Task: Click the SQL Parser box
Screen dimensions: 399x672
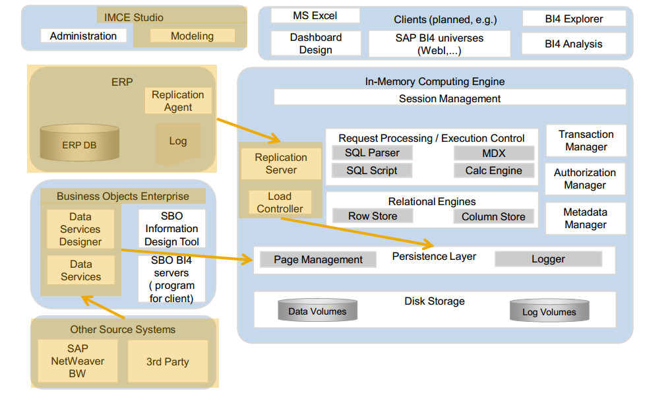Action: [x=371, y=153]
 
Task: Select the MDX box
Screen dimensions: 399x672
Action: [x=493, y=153]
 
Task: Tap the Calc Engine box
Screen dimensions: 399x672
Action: [x=493, y=171]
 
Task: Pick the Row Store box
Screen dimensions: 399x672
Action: [x=372, y=216]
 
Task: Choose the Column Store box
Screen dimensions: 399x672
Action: [x=493, y=216]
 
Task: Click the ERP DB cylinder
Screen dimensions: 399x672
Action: [x=79, y=144]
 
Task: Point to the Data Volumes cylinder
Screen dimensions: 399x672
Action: [x=317, y=311]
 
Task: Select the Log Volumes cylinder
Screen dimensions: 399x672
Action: [x=549, y=312]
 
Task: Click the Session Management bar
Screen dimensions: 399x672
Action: [x=450, y=98]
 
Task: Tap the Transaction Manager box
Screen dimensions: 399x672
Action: [x=586, y=140]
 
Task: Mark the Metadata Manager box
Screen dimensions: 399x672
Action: [x=585, y=218]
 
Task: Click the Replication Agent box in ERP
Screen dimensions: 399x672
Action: [x=178, y=101]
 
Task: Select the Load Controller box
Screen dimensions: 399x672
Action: [x=280, y=202]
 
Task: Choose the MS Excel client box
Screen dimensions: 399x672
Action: [x=315, y=16]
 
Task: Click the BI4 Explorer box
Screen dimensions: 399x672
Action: [x=574, y=18]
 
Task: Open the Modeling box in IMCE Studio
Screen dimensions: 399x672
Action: [x=192, y=36]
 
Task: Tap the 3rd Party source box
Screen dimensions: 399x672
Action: [x=168, y=361]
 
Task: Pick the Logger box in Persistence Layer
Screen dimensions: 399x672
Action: [x=548, y=259]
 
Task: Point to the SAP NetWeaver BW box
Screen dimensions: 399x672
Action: [x=78, y=361]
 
